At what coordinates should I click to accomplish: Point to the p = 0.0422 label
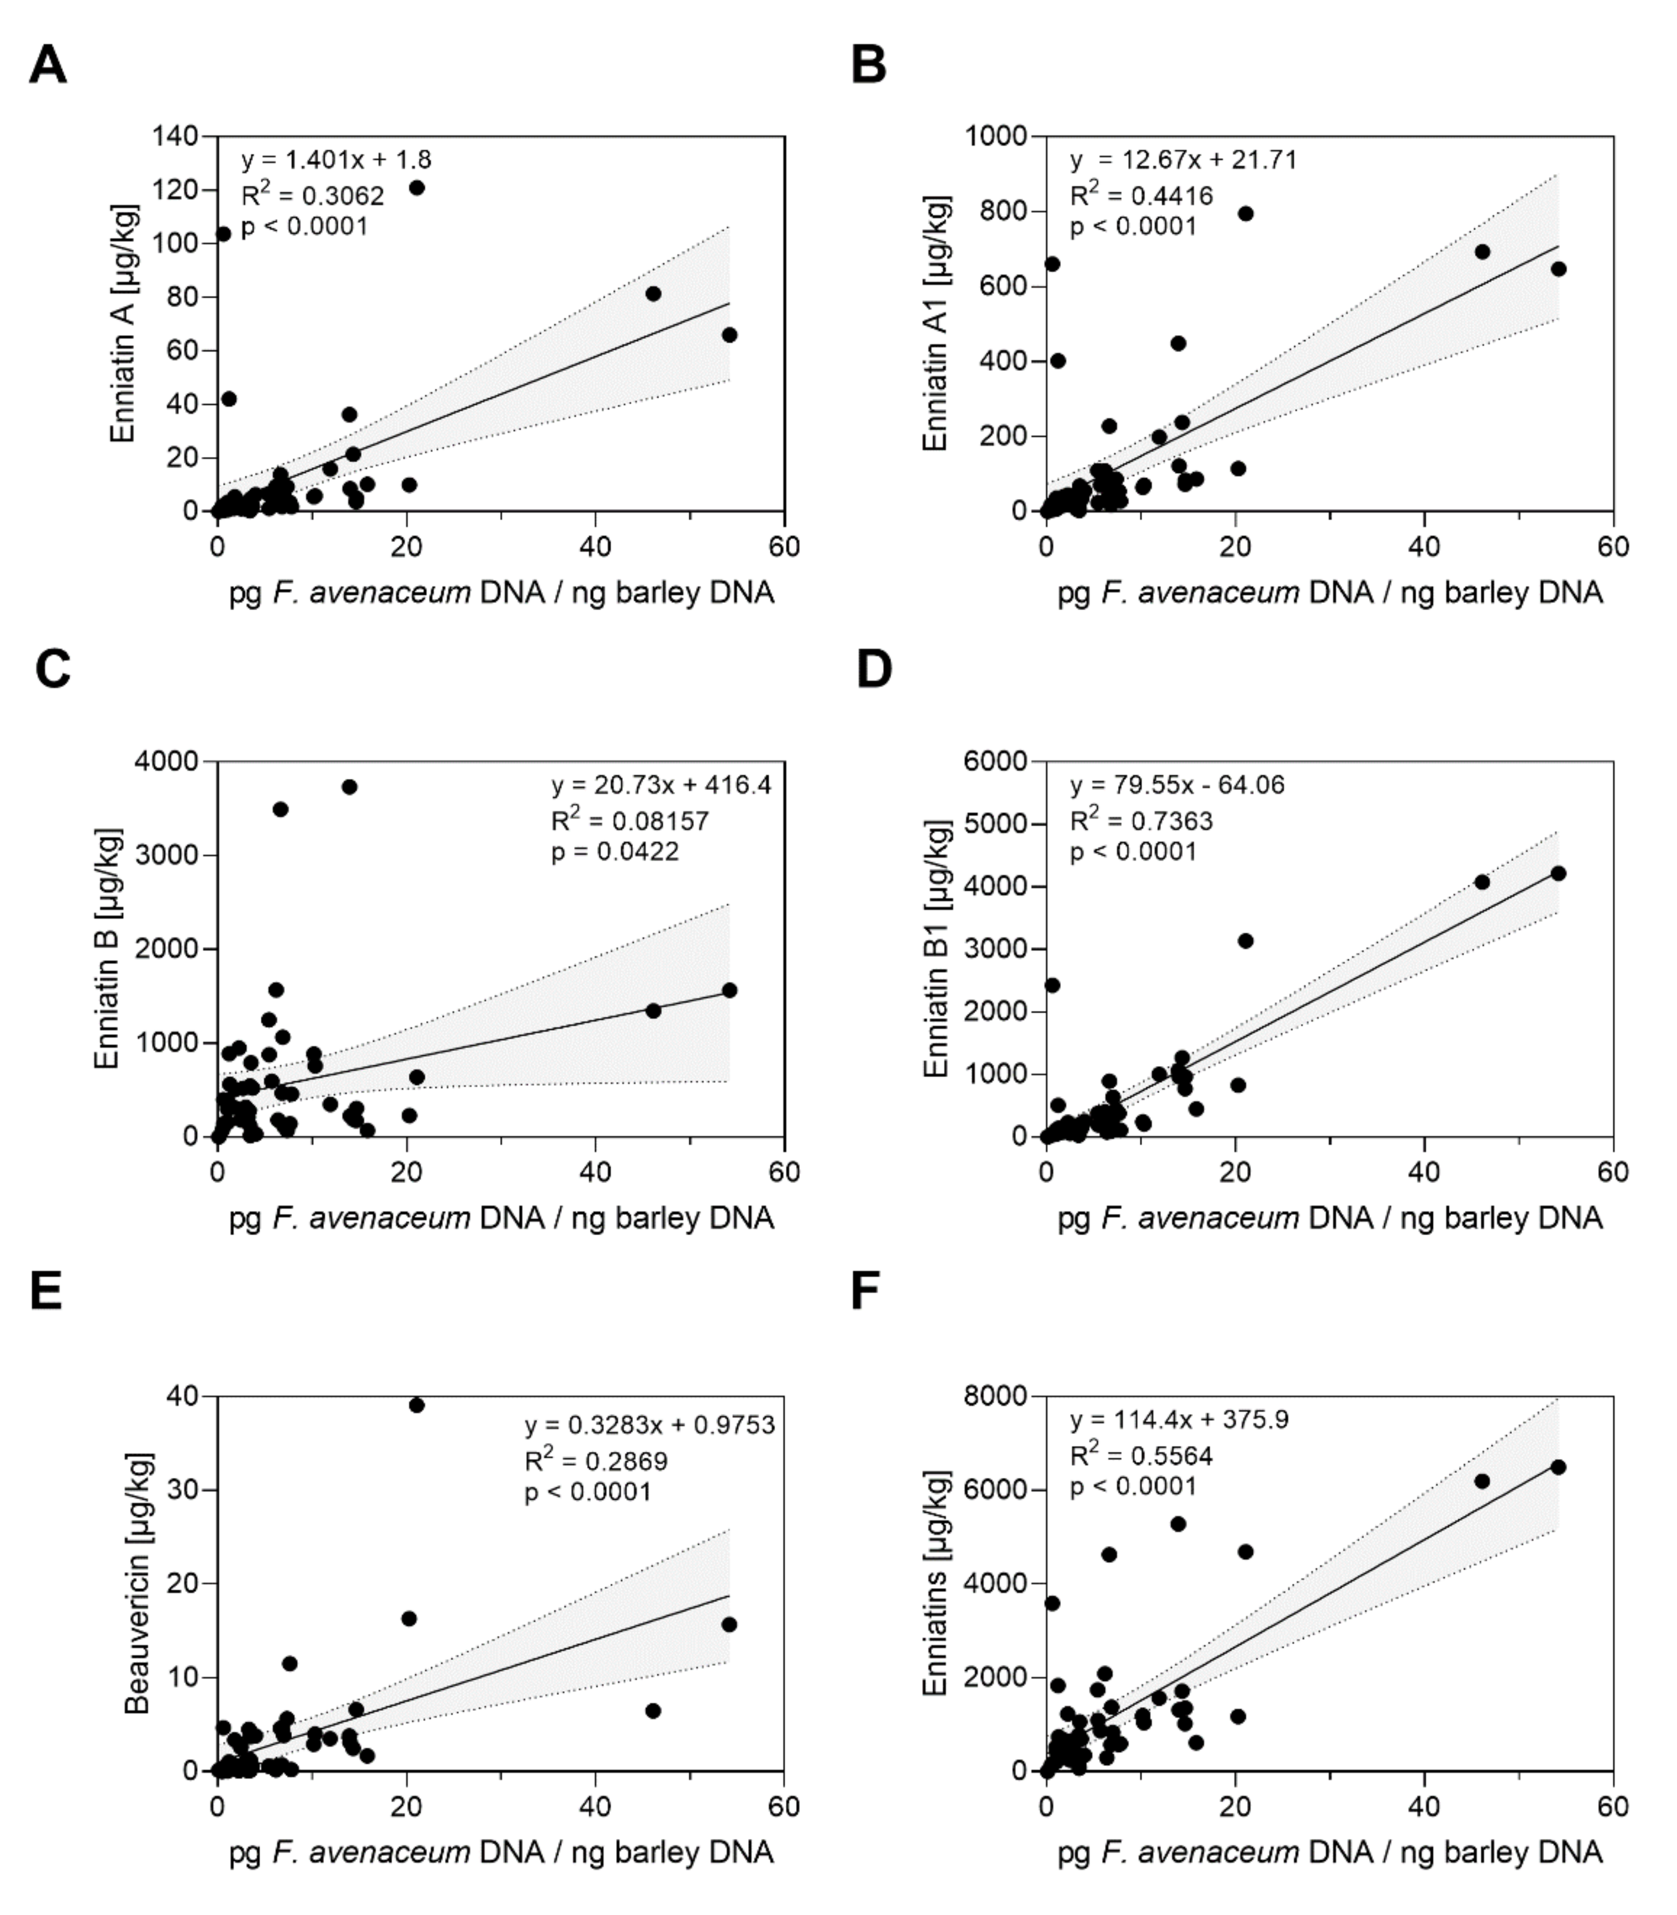click(x=615, y=851)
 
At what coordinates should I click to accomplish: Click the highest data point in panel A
click(x=417, y=188)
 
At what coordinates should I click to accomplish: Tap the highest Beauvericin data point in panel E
click(x=417, y=1405)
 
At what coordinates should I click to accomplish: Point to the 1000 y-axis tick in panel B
click(x=997, y=137)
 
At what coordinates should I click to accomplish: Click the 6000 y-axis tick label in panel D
click(x=997, y=762)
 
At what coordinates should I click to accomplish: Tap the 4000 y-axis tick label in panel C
click(x=168, y=762)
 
